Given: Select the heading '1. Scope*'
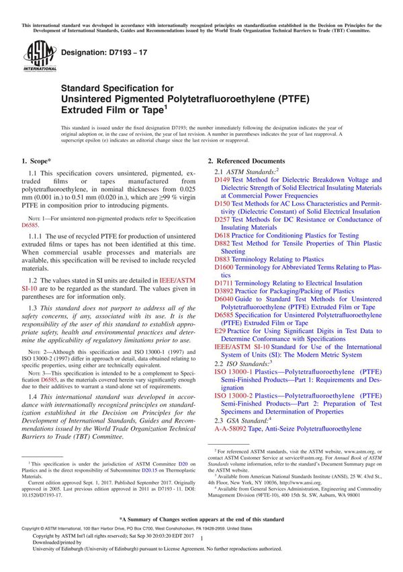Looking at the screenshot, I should (38, 162).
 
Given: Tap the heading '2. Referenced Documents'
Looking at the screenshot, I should (247, 162).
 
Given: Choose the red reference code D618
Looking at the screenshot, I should (222, 236).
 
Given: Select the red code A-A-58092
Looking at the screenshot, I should (234, 428).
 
